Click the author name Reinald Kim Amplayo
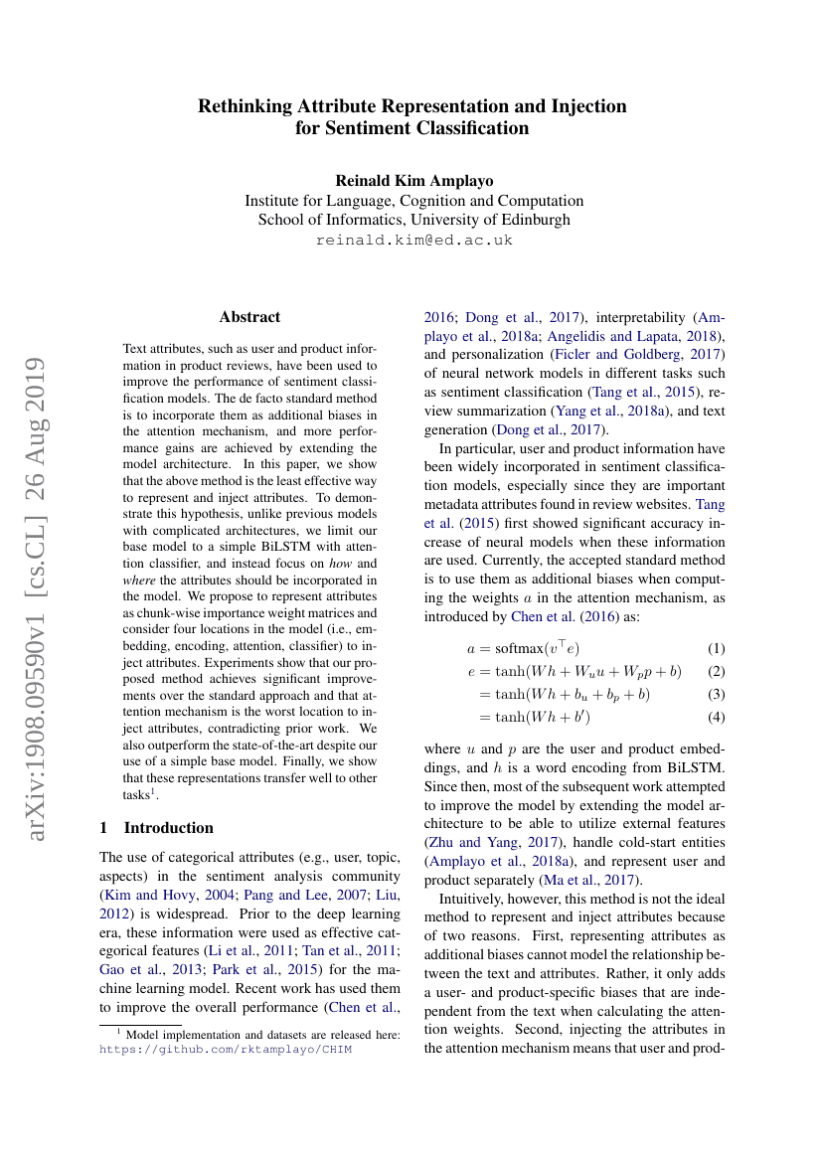[x=413, y=180]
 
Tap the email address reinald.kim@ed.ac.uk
[x=413, y=241]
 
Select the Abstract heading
[x=249, y=317]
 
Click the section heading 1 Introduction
[x=157, y=827]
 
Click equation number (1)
[x=715, y=648]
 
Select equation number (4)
[x=715, y=717]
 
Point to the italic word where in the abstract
[x=141, y=580]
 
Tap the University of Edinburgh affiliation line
[x=413, y=220]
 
